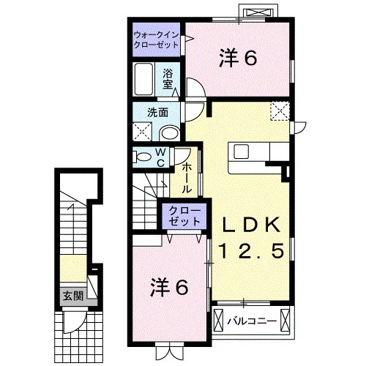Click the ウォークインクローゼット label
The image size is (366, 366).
156,40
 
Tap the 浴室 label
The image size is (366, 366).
168,79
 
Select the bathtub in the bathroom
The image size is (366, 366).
144,79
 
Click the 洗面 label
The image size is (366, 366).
157,113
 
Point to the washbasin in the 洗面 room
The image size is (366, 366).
169,134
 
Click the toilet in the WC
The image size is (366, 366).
141,157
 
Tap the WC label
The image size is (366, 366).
160,157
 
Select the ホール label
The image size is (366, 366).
187,179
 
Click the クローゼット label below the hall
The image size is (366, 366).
184,216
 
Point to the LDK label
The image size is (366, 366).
250,225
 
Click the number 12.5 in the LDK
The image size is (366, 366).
251,250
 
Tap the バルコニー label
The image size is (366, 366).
252,321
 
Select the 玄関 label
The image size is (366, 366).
73,296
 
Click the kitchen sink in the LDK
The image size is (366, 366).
242,152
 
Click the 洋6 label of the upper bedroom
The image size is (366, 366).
238,58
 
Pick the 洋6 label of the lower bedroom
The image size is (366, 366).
169,288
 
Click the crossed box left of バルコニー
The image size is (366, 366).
218,320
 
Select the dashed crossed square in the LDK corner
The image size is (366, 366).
280,111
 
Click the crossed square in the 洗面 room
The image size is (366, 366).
143,132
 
